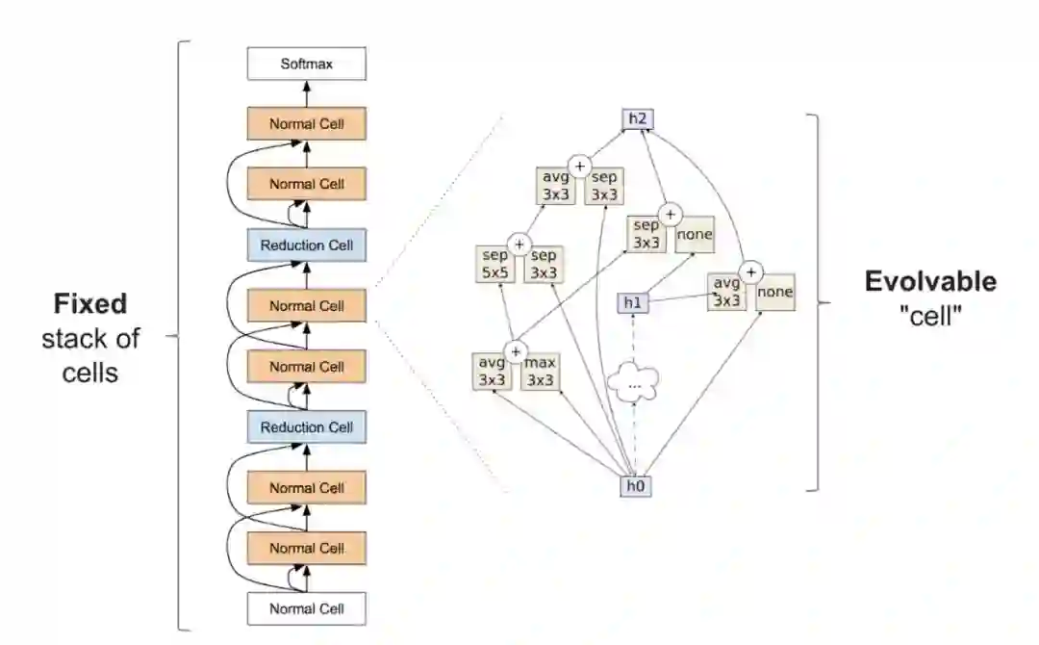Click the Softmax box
(307, 65)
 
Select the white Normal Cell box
(307, 608)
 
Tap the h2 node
(636, 119)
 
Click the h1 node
(632, 303)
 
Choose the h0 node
(634, 486)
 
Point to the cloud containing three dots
(634, 383)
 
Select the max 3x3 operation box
(542, 372)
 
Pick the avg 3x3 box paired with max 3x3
(494, 372)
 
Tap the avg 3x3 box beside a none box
(728, 292)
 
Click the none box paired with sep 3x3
(694, 235)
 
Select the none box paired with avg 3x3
(774, 292)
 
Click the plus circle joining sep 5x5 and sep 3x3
(519, 244)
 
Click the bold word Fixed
(89, 305)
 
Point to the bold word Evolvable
(930, 282)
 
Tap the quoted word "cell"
(930, 317)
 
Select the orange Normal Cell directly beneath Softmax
(307, 124)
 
